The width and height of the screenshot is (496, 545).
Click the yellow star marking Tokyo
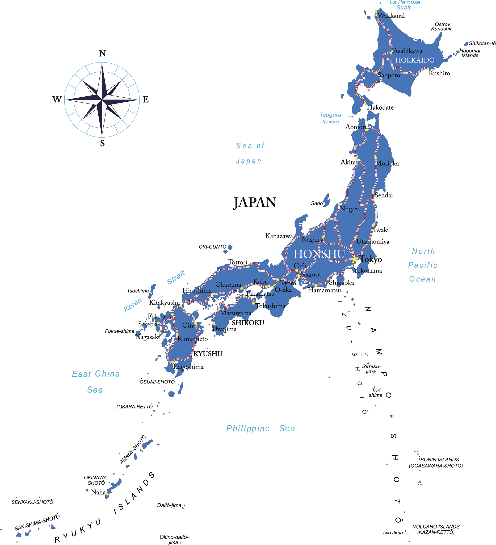click(x=355, y=259)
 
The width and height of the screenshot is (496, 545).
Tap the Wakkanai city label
click(x=391, y=15)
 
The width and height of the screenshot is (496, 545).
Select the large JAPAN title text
click(x=255, y=203)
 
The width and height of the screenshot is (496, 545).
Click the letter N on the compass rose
click(x=102, y=53)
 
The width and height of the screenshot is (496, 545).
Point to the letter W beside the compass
click(x=57, y=100)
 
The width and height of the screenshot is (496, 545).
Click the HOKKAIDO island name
click(x=415, y=60)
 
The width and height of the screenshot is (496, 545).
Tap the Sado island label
click(x=317, y=203)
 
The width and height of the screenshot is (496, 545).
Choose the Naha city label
click(x=98, y=492)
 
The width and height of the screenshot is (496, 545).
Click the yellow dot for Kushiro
click(x=428, y=69)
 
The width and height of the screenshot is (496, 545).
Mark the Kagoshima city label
click(x=188, y=367)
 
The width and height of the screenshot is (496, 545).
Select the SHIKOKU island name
click(x=248, y=323)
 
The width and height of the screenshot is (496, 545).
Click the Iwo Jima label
click(x=393, y=532)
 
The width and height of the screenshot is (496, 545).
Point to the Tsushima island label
click(x=138, y=291)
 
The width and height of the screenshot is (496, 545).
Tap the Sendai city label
click(x=383, y=195)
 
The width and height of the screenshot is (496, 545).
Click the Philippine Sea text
click(x=260, y=428)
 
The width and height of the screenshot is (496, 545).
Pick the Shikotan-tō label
click(x=482, y=43)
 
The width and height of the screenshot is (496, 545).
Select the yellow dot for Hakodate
click(x=365, y=104)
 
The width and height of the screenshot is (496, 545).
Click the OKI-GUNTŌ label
click(x=212, y=247)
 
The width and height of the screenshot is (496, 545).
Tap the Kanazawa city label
click(x=279, y=236)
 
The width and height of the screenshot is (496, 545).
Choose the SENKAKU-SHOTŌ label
click(x=32, y=502)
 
